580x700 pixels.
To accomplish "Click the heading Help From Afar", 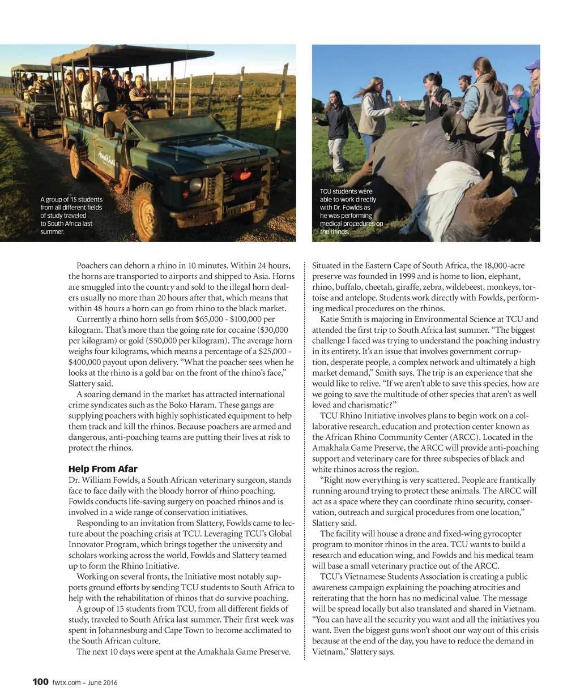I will pos(103,469).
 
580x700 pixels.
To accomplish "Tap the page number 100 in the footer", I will pos(40,682).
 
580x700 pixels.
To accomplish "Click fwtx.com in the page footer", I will pos(66,682).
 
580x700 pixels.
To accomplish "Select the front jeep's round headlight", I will pos(196,184).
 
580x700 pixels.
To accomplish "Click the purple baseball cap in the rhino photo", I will pos(533,65).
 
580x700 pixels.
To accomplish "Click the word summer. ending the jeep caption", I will pos(52,232).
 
